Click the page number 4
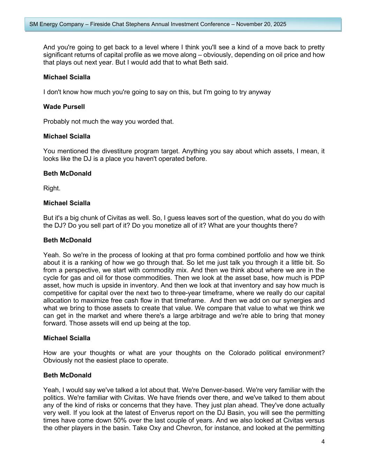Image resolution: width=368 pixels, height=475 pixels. click(323, 442)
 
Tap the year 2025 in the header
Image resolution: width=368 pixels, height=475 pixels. click(280, 24)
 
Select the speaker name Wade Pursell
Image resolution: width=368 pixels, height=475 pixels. click(64, 107)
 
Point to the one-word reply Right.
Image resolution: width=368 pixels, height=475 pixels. click(52, 188)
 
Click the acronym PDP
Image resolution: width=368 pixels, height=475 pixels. click(316, 278)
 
